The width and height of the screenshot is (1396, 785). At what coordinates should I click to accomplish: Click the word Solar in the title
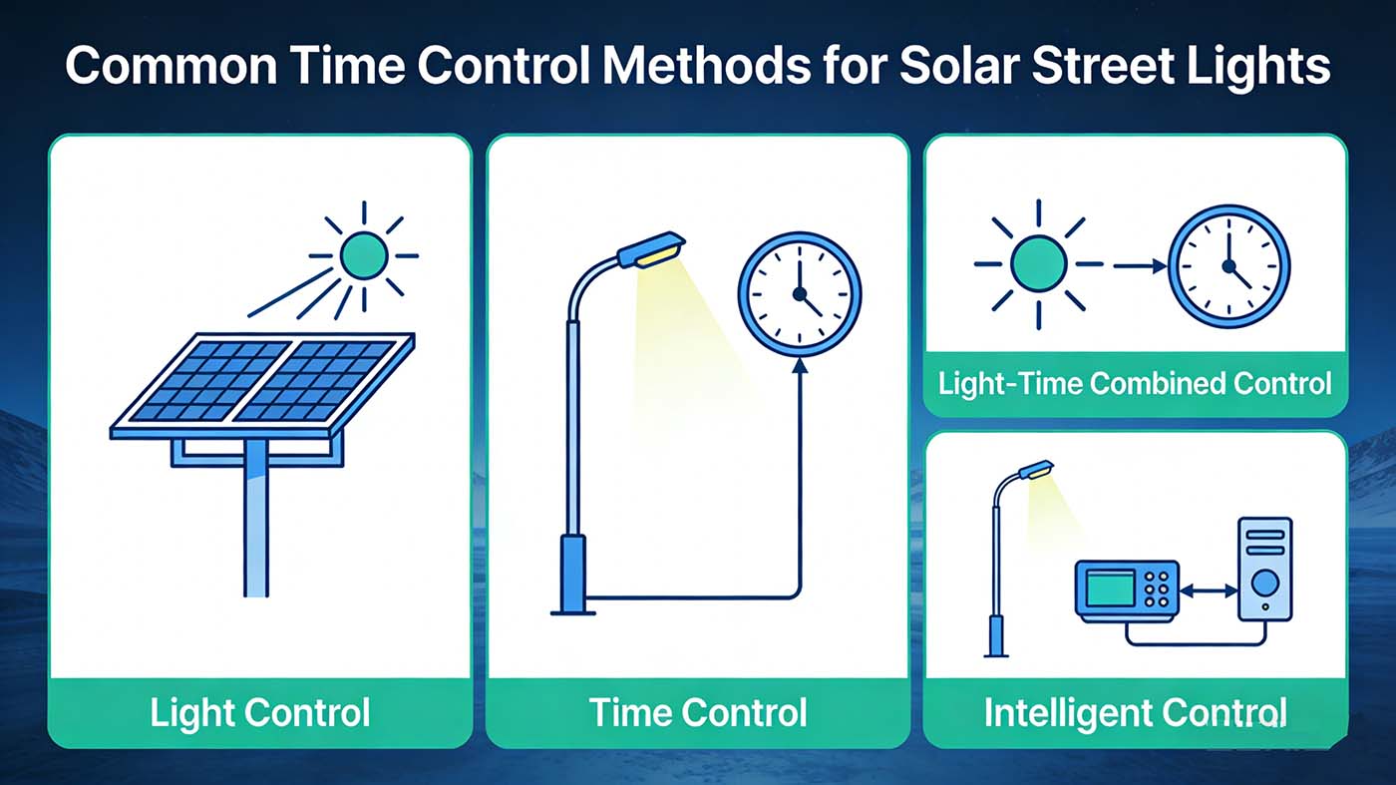tap(959, 66)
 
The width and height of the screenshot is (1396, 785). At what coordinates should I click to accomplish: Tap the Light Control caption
tap(259, 712)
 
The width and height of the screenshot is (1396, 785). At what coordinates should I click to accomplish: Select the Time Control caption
tap(697, 712)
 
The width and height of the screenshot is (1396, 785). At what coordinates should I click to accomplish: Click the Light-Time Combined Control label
tap(1136, 383)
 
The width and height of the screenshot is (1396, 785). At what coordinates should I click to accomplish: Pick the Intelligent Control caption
tap(1135, 712)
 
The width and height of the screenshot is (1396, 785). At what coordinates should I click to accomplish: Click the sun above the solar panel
tap(363, 255)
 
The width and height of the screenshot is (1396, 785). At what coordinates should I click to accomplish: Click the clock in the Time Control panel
tap(799, 293)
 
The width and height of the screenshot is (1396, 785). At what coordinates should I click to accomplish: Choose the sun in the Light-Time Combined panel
tap(1038, 264)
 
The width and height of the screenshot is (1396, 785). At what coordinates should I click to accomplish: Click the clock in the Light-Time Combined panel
tap(1228, 265)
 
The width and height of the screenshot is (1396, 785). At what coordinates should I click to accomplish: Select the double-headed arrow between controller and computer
tap(1208, 591)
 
